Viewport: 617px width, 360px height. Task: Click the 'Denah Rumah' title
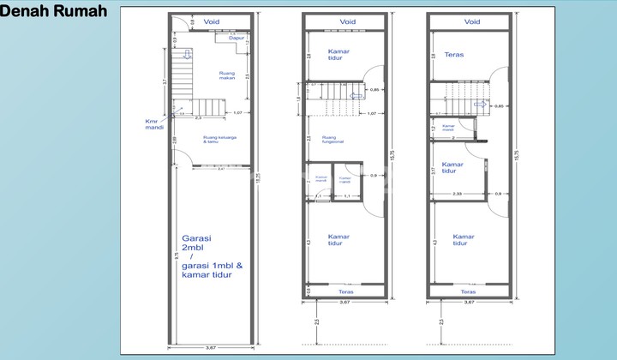54,11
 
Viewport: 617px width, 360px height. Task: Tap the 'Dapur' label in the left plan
237,39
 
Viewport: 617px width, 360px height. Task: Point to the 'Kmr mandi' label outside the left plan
153,124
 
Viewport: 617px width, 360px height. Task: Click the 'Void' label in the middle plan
347,21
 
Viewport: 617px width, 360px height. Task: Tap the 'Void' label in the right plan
472,21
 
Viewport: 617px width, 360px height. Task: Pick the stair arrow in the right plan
478,105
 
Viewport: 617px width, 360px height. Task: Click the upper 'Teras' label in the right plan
454,55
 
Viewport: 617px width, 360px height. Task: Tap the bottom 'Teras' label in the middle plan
346,292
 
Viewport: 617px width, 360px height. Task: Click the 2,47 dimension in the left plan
221,169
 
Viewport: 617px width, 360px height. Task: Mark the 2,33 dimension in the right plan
458,194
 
